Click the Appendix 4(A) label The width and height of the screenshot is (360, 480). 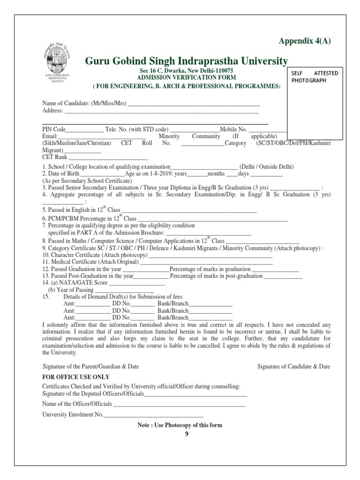click(x=305, y=41)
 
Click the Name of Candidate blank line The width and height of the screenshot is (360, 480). click(x=194, y=104)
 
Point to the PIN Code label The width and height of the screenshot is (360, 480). click(x=54, y=129)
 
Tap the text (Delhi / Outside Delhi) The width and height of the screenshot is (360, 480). click(x=267, y=167)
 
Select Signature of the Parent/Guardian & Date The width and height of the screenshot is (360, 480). click(x=90, y=366)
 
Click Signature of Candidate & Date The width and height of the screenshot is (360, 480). click(x=293, y=366)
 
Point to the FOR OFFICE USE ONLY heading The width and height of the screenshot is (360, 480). click(x=76, y=377)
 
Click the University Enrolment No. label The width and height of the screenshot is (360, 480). click(x=72, y=415)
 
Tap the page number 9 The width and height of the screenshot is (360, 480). click(x=186, y=434)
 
